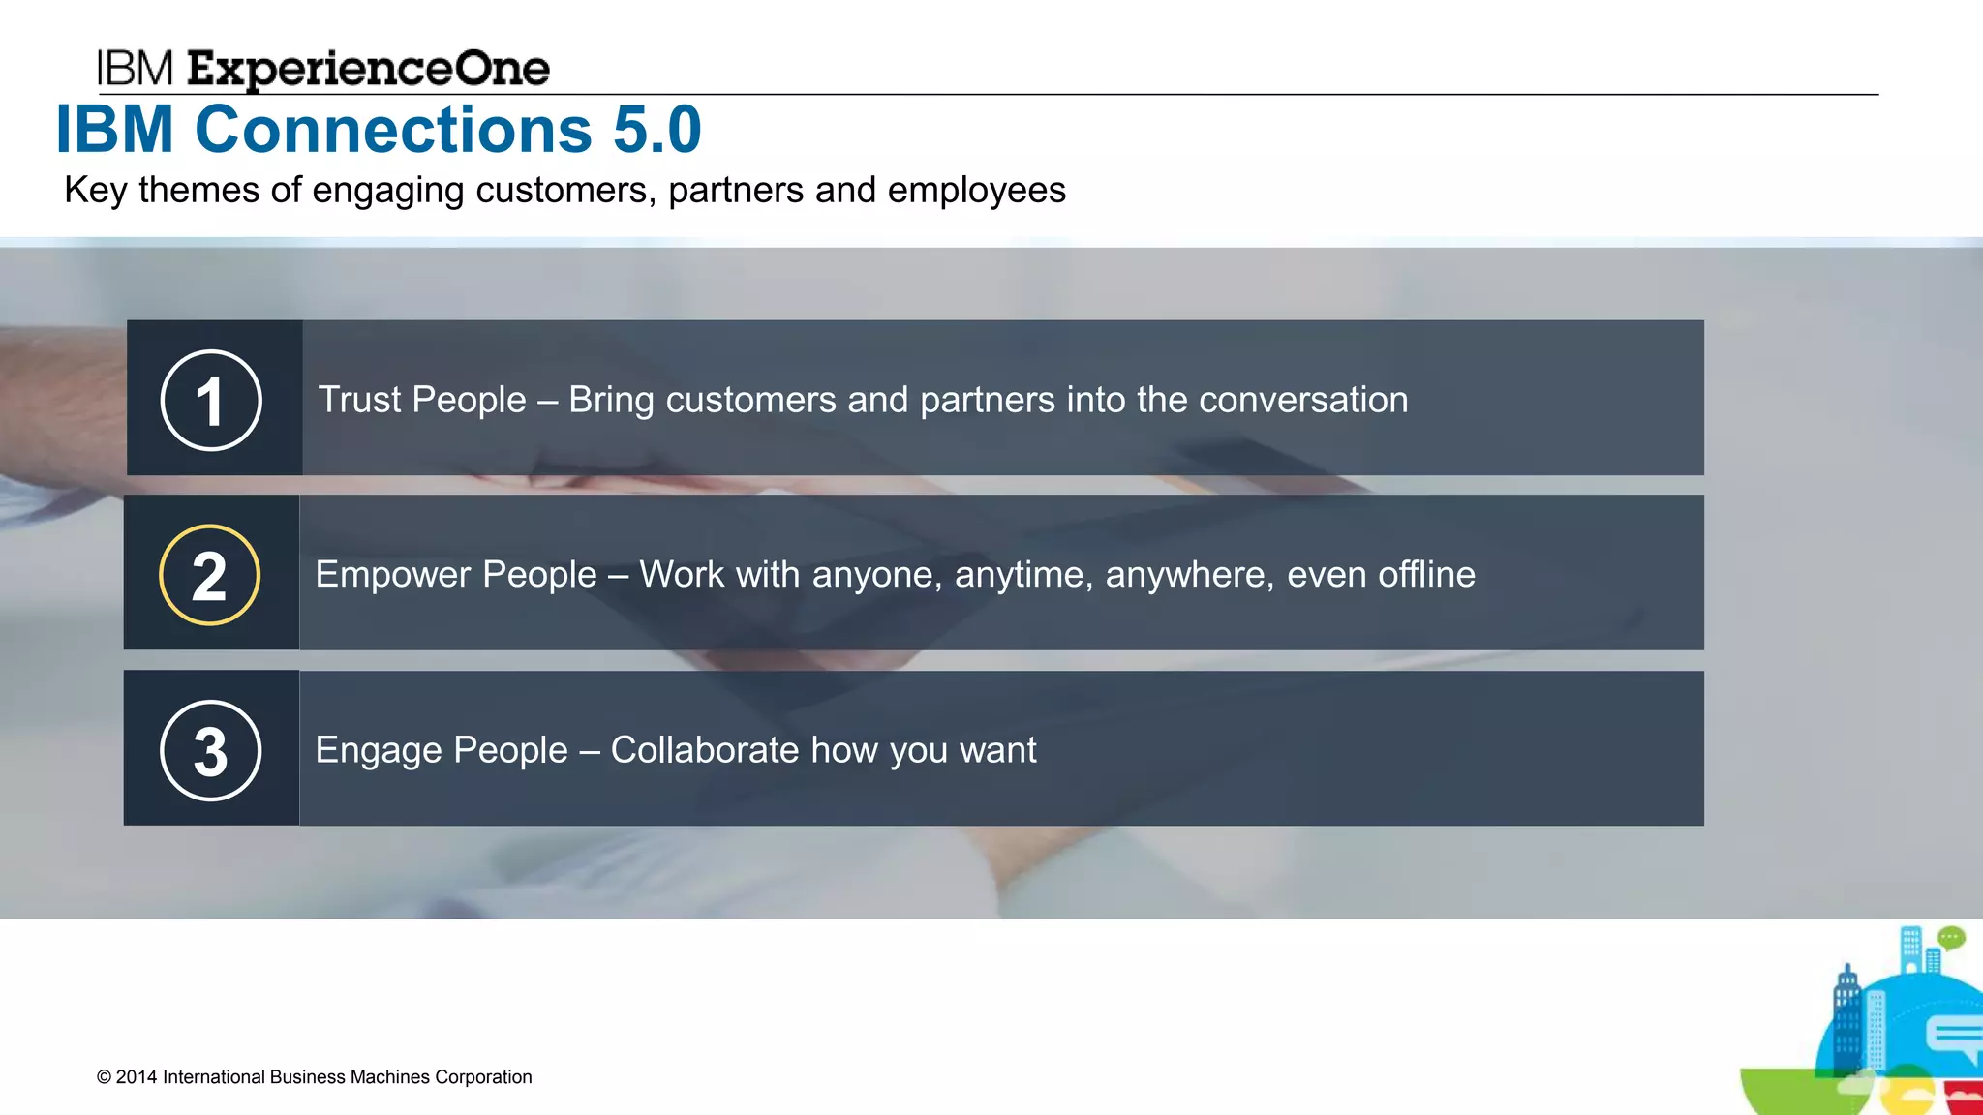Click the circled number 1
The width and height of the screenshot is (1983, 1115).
(210, 400)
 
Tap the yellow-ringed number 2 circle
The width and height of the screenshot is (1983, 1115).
(209, 575)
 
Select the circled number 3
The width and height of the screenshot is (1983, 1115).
(210, 750)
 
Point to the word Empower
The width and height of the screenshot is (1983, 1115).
(392, 575)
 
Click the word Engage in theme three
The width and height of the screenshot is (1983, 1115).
(378, 750)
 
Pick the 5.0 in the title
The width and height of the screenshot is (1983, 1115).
(657, 130)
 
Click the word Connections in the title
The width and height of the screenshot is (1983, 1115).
(393, 130)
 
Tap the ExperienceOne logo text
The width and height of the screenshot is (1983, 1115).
(368, 70)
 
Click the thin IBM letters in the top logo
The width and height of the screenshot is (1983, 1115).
(135, 69)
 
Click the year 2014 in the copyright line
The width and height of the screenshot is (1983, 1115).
(137, 1077)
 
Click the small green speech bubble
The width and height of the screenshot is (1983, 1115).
(1951, 937)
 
